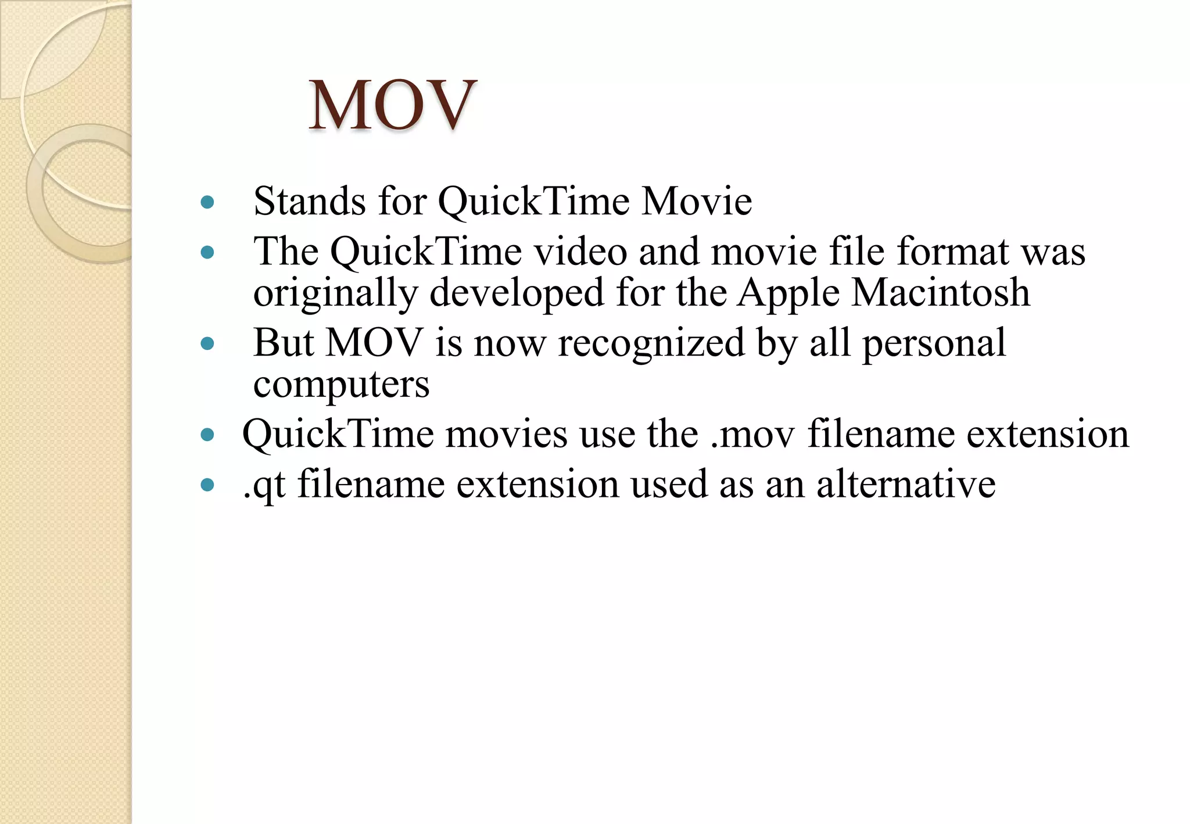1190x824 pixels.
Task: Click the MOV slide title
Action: tap(392, 106)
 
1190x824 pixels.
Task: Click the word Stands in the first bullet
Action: tap(310, 202)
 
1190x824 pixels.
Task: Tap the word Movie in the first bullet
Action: tap(696, 202)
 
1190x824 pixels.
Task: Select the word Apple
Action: tap(788, 292)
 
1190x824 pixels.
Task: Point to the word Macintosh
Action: tap(940, 292)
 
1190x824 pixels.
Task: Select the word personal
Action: tap(934, 343)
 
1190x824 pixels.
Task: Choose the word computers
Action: tap(341, 385)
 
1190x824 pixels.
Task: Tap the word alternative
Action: tap(906, 485)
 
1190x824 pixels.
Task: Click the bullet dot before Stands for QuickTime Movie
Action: tap(207, 202)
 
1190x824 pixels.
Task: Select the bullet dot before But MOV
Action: tap(207, 343)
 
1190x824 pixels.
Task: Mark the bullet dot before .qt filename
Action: tap(207, 485)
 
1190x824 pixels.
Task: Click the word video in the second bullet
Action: tap(580, 252)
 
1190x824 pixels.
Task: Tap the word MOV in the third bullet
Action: tap(374, 343)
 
